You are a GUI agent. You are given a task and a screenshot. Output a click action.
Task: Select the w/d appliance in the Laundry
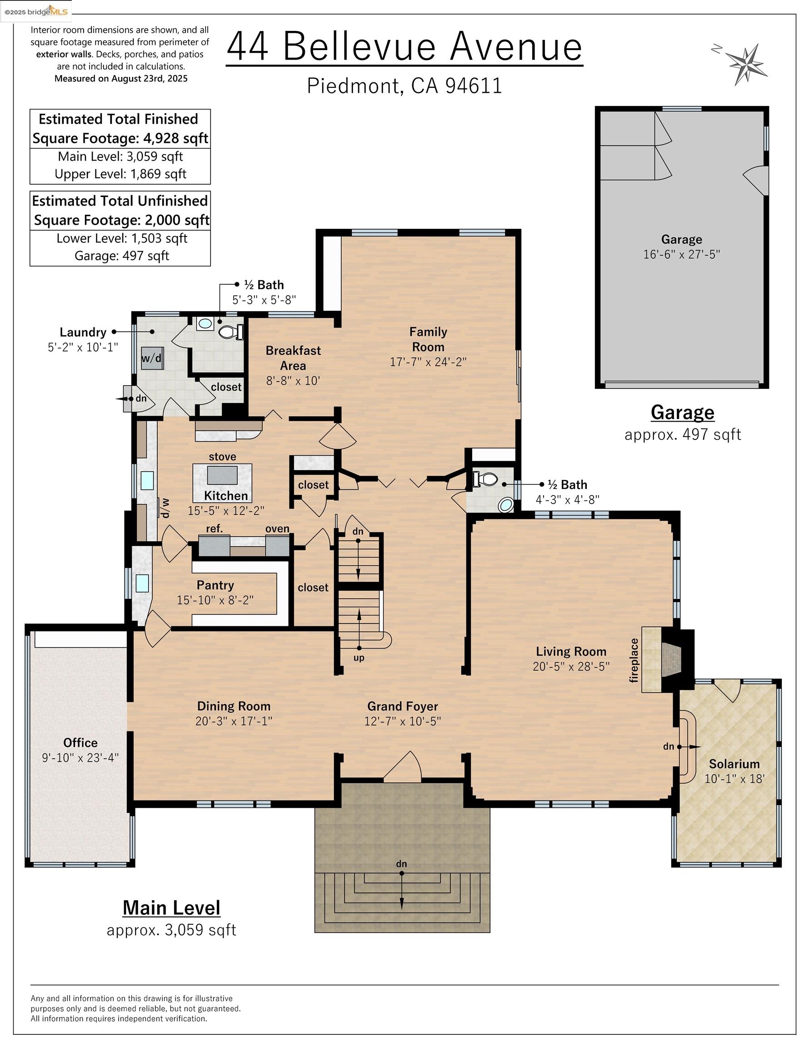pyautogui.click(x=151, y=358)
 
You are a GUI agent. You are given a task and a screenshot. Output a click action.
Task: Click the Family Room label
pyautogui.click(x=428, y=339)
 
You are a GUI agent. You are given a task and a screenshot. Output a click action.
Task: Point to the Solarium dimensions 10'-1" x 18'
pyautogui.click(x=734, y=778)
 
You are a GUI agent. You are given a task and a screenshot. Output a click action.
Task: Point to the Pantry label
pyautogui.click(x=215, y=585)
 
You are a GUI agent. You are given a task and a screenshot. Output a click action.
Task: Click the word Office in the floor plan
pyautogui.click(x=80, y=742)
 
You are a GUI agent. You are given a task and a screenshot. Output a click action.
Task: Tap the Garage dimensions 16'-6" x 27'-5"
pyautogui.click(x=681, y=254)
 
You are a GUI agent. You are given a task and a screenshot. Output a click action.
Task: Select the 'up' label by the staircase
pyautogui.click(x=359, y=658)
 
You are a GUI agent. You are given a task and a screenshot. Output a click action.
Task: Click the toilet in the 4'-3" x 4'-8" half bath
pyautogui.click(x=485, y=479)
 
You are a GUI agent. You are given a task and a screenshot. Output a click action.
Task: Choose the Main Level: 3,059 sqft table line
pyautogui.click(x=120, y=156)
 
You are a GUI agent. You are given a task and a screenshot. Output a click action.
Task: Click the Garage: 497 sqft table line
pyautogui.click(x=121, y=256)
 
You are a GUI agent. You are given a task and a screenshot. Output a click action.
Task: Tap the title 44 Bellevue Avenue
pyautogui.click(x=404, y=46)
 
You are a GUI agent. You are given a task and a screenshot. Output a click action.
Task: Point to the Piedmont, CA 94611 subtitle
pyautogui.click(x=404, y=86)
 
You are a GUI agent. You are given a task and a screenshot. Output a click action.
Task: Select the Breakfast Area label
pyautogui.click(x=293, y=358)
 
